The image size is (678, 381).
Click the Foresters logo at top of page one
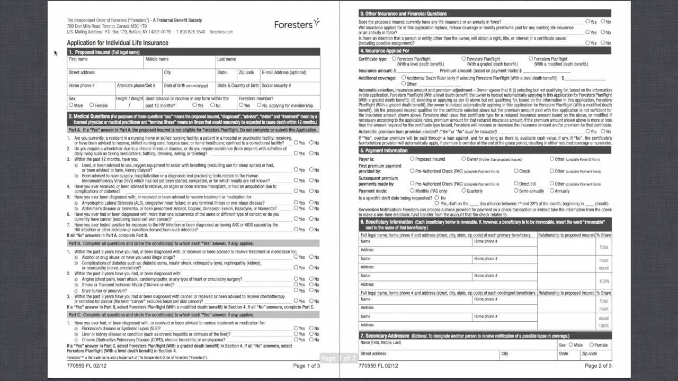pos(297,24)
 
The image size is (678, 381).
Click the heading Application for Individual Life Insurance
pos(117,43)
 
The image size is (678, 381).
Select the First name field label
pos(78,59)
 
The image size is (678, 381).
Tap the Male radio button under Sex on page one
pos(72,105)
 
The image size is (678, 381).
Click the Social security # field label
pos(276,85)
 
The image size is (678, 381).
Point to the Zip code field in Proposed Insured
pos(246,72)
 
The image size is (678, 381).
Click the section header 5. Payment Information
pos(383,151)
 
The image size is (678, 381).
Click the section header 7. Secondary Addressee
pos(385,336)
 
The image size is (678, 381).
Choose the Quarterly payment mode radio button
pos(464,190)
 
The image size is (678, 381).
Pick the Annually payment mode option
pos(552,190)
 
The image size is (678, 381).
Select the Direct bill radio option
pos(516,184)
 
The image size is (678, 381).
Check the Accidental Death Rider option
pos(404,78)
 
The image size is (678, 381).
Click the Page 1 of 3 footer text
pos(306,366)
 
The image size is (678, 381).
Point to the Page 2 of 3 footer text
pos(598,366)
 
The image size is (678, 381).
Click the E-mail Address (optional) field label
pos(283,72)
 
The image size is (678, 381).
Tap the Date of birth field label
pos(185,85)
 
